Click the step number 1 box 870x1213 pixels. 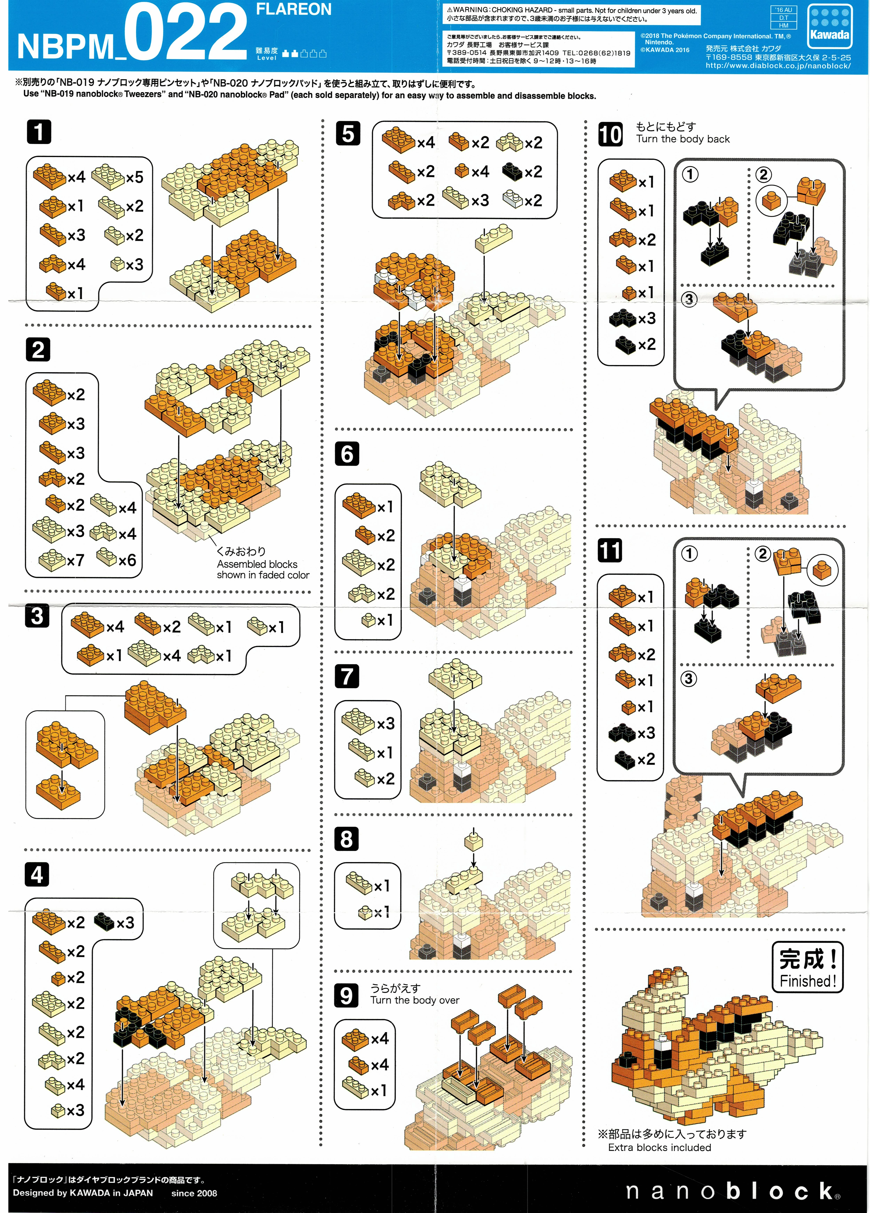39,132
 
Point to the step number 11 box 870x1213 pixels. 610,550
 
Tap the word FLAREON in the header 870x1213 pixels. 294,9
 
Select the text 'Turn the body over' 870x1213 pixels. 415,1000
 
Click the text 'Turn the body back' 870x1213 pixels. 683,139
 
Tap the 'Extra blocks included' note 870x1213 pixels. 659,1147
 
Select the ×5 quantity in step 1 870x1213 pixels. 135,177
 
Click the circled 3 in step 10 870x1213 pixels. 689,299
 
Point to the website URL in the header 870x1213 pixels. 778,66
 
